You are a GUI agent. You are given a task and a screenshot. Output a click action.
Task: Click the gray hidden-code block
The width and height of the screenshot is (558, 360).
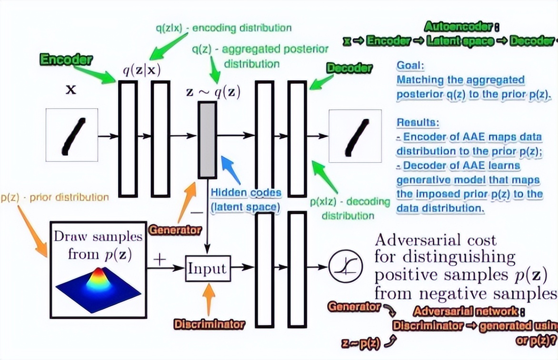208,140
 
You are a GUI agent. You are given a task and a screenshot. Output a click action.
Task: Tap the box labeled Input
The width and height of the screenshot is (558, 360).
208,269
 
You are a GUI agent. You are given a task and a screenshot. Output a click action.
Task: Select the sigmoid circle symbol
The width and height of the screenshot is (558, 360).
345,266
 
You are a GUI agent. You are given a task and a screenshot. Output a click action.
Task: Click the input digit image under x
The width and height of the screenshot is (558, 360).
72,135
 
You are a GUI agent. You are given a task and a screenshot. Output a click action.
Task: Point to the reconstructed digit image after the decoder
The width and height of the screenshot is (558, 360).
355,136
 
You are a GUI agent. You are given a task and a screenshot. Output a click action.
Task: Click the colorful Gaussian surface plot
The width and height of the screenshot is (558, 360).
99,289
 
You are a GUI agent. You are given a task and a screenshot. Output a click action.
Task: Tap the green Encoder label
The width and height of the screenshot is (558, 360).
66,60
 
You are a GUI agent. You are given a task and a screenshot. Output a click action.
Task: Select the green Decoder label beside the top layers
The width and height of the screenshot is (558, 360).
349,68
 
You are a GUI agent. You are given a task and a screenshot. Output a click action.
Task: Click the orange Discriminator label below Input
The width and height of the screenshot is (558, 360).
209,324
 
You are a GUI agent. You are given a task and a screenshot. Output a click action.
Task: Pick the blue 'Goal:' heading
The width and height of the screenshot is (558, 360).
410,66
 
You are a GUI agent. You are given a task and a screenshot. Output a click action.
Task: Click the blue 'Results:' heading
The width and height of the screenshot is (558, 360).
418,122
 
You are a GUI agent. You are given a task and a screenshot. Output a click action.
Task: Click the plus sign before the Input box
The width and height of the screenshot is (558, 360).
160,260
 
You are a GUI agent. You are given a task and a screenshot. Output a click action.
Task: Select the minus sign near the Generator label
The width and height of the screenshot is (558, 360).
197,213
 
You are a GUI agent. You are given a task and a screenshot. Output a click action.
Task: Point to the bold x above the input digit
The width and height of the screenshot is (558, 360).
71,90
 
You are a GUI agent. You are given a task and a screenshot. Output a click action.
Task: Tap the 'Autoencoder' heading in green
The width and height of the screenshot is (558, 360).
458,26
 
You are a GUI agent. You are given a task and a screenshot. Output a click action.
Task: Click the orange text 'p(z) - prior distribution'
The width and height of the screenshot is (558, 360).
55,197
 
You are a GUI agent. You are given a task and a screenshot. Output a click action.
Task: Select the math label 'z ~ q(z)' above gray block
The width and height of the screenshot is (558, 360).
213,92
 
